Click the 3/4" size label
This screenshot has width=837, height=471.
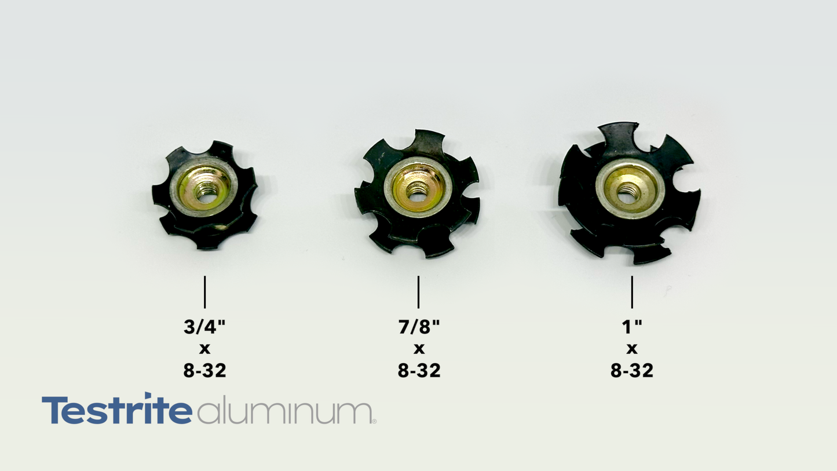204,327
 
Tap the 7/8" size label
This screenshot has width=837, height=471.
419,327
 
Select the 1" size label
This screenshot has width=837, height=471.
632,327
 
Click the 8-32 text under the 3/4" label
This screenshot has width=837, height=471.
205,370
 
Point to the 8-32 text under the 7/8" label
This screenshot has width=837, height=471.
419,370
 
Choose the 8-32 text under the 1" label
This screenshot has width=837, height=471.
632,370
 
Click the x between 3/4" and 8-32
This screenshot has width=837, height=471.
205,349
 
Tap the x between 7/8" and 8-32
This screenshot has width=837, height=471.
419,349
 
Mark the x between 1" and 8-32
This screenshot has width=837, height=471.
632,349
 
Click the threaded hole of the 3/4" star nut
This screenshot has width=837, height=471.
204,193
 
